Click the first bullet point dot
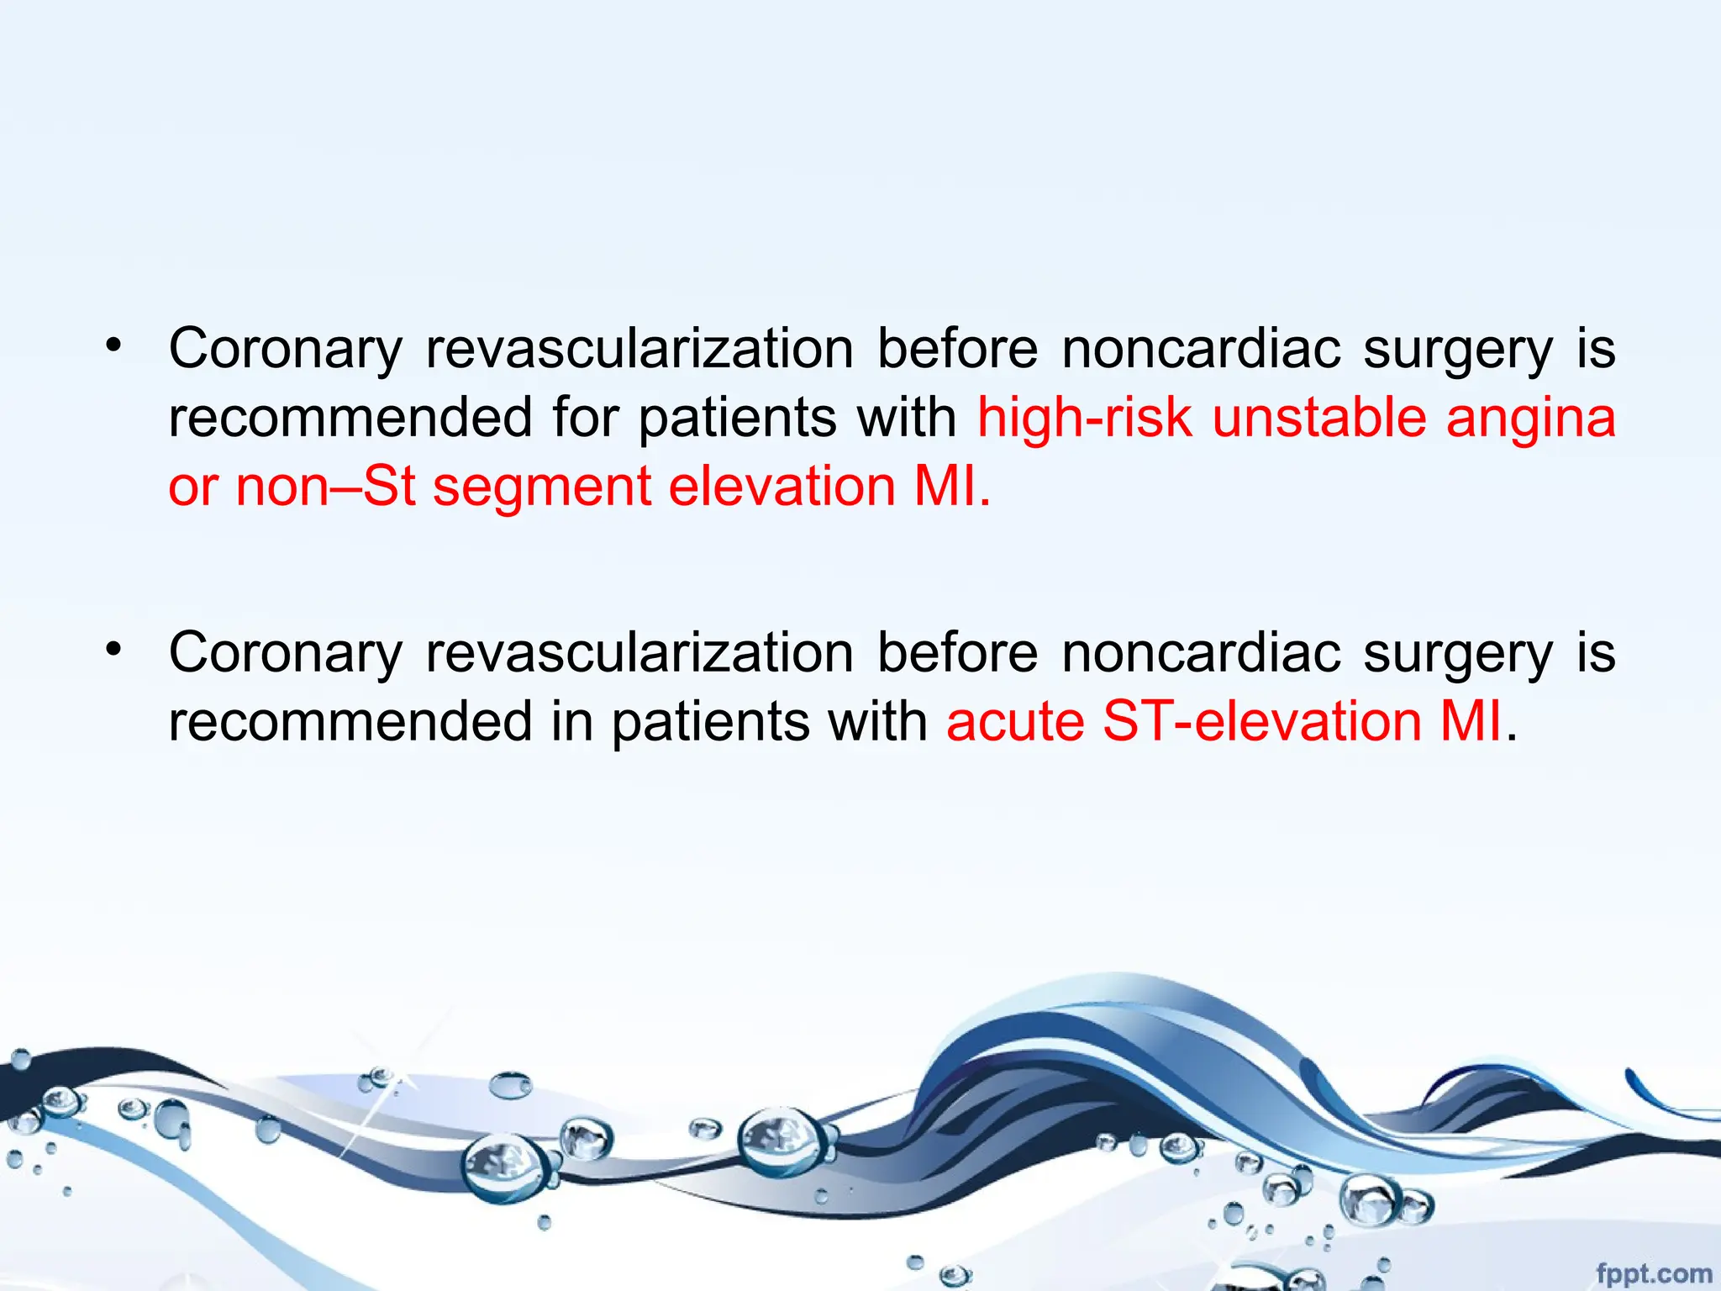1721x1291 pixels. coord(114,344)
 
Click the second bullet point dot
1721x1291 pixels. coord(114,648)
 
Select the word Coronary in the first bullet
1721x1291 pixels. coord(286,350)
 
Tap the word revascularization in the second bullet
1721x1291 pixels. coord(639,653)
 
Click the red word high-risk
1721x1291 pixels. coord(1084,418)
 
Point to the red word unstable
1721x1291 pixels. coord(1318,418)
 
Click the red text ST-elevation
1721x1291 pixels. coord(1261,722)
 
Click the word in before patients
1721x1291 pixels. coord(571,722)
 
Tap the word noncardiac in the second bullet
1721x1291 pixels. coord(1201,653)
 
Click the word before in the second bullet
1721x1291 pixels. coord(957,653)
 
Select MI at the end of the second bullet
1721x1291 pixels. coord(1471,722)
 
